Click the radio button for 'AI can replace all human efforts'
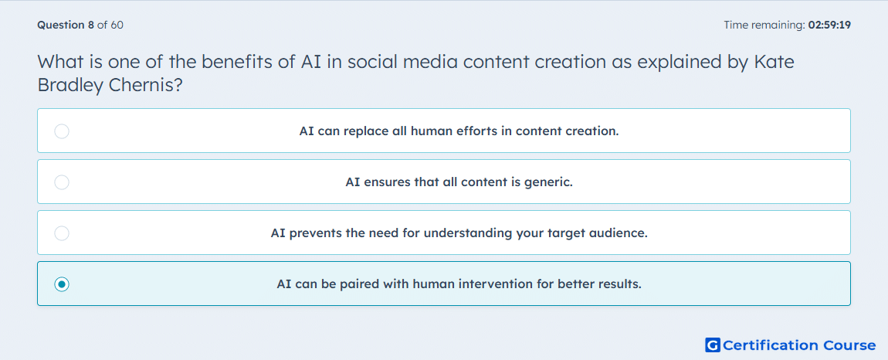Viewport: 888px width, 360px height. pyautogui.click(x=62, y=131)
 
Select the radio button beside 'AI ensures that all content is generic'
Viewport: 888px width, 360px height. pyautogui.click(x=62, y=182)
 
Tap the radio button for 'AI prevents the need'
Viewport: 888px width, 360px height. pyautogui.click(x=62, y=233)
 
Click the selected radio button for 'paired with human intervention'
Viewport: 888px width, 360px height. pyautogui.click(x=62, y=284)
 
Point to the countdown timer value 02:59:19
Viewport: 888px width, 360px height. pyautogui.click(x=829, y=25)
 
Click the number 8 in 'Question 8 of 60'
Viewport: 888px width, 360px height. pyautogui.click(x=90, y=25)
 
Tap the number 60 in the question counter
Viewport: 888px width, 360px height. pyautogui.click(x=117, y=25)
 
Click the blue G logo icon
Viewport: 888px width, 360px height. pyautogui.click(x=713, y=345)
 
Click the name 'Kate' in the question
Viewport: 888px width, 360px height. pyautogui.click(x=774, y=62)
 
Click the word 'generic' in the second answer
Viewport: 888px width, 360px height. pyautogui.click(x=549, y=182)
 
